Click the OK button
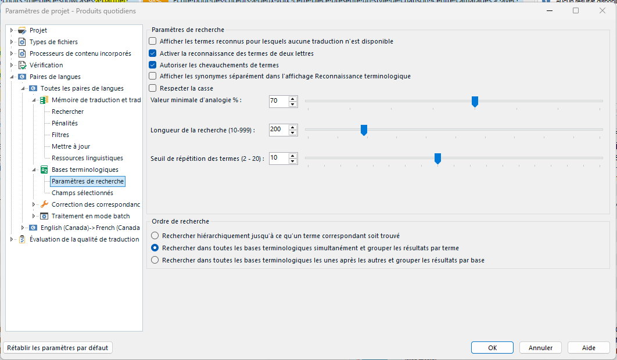click(492, 348)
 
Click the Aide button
click(589, 348)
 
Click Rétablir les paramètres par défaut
click(58, 348)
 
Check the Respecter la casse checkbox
click(153, 88)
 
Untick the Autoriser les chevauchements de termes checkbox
click(153, 65)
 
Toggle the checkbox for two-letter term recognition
click(153, 53)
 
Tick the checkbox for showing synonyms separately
click(153, 77)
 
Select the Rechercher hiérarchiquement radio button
click(155, 236)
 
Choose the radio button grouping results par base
click(155, 260)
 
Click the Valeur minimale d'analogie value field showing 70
click(278, 101)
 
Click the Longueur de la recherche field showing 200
click(278, 129)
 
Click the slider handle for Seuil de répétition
click(437, 159)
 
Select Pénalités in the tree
click(64, 123)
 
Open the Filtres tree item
click(60, 135)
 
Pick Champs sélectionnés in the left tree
click(82, 193)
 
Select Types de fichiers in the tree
click(53, 42)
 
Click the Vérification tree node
click(46, 65)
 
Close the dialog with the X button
click(602, 10)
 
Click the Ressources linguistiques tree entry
click(87, 158)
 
